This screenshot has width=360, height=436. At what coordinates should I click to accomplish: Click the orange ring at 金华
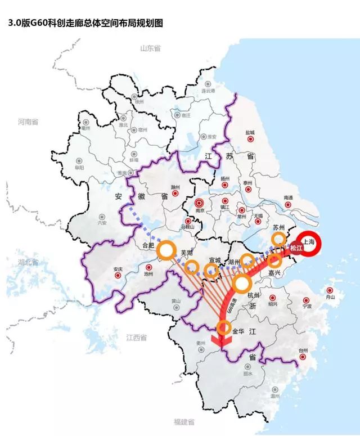[224, 328]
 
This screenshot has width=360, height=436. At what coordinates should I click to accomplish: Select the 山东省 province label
[151, 48]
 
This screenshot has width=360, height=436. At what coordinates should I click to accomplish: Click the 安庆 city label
[117, 268]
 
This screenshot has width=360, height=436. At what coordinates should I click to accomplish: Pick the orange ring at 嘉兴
[274, 260]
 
